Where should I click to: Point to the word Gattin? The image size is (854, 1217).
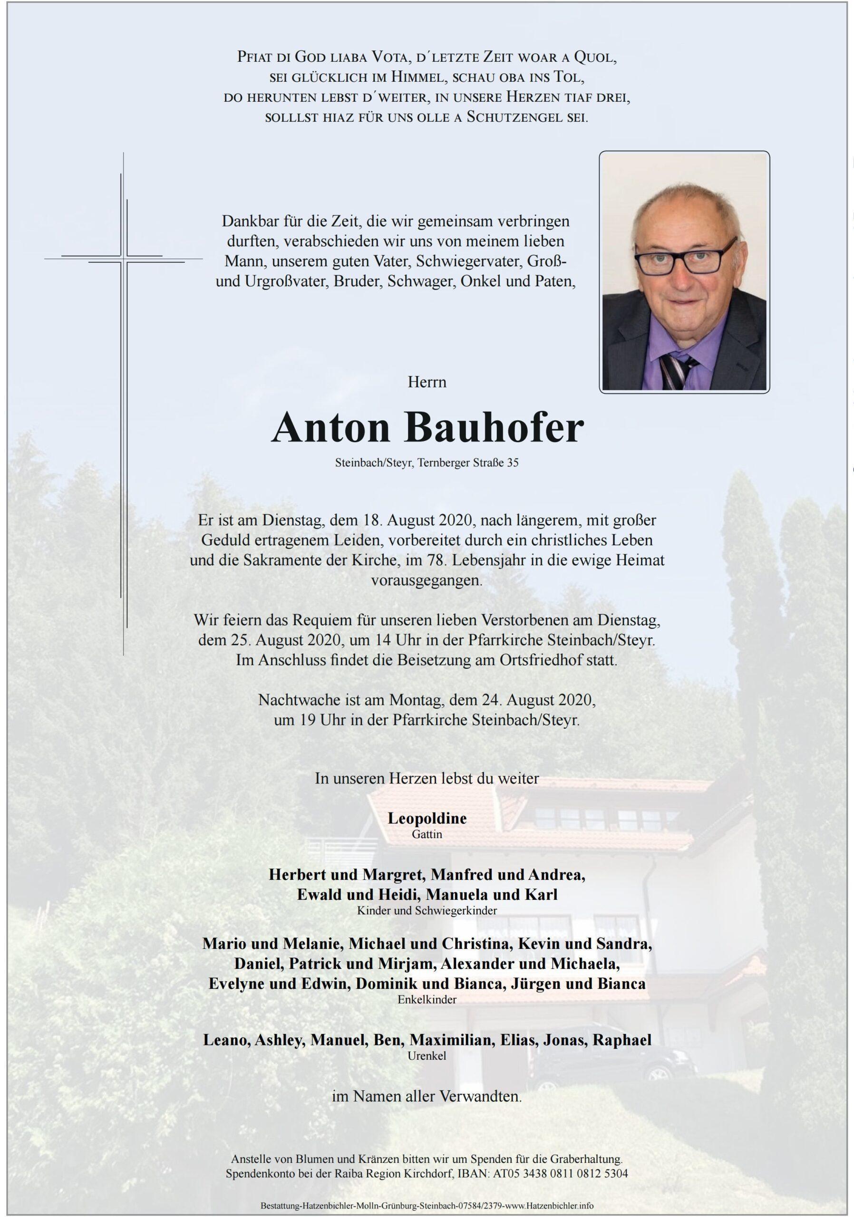427,834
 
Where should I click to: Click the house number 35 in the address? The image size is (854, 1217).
513,463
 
